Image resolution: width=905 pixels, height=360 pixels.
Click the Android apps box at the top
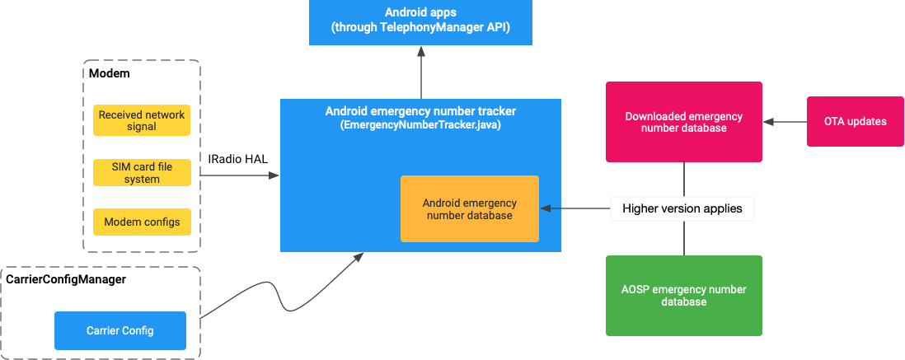pyautogui.click(x=420, y=21)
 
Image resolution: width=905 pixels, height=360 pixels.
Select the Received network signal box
pyautogui.click(x=141, y=120)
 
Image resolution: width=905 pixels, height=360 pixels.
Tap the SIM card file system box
pyautogui.click(x=141, y=173)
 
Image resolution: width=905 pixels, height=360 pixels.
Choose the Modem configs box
pyautogui.click(x=141, y=222)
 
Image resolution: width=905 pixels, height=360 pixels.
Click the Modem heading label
pyautogui.click(x=109, y=73)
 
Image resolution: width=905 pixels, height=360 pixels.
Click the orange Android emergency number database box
pyautogui.click(x=469, y=208)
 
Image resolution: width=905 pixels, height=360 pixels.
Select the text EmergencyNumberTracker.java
pyautogui.click(x=420, y=126)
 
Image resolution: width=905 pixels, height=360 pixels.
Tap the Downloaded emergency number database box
pyautogui.click(x=683, y=122)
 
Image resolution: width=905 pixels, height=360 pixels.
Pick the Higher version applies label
pyautogui.click(x=682, y=208)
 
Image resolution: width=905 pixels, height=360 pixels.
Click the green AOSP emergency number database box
pyautogui.click(x=683, y=295)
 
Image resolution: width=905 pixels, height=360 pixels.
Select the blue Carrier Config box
pyautogui.click(x=120, y=330)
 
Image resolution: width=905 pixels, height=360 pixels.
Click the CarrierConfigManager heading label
pyautogui.click(x=66, y=280)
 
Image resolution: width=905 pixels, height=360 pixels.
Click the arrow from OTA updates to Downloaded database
pyautogui.click(x=785, y=122)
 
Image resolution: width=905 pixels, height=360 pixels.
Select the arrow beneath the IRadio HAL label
pyautogui.click(x=239, y=175)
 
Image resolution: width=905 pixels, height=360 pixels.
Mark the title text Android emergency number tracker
pyautogui.click(x=420, y=111)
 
